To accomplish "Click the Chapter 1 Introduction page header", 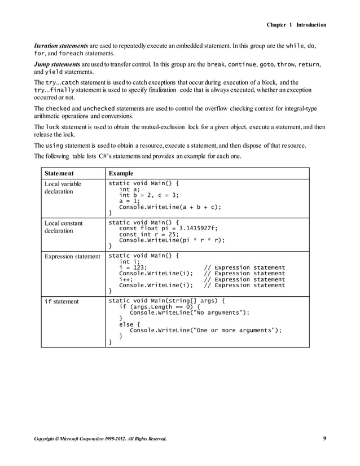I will tap(296, 25).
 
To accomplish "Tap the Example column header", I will tap(120, 173).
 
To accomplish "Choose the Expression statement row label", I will tap(72, 257).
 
